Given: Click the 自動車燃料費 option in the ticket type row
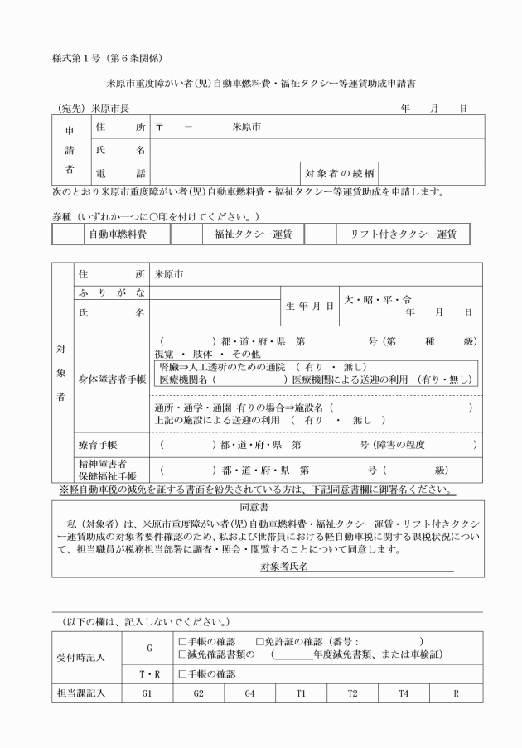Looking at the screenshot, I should tap(118, 234).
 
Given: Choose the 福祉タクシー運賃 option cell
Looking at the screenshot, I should tap(253, 234).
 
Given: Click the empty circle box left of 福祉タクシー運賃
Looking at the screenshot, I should tap(187, 234).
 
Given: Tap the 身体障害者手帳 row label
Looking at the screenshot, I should tap(111, 379).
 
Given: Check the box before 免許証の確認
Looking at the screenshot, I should tap(260, 641).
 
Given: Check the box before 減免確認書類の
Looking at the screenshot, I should tap(182, 654).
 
